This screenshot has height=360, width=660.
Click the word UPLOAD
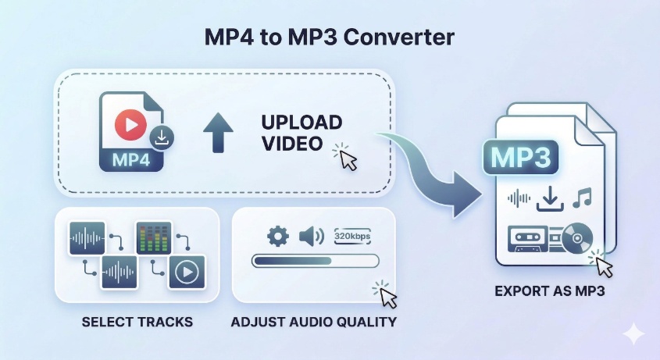(x=301, y=123)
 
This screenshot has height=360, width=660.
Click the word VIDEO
(x=291, y=144)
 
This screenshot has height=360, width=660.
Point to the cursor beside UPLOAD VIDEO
(x=348, y=159)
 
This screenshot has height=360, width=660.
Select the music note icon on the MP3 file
(x=582, y=198)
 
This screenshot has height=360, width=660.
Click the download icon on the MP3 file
(x=550, y=198)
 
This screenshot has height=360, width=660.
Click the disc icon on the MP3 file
(x=576, y=237)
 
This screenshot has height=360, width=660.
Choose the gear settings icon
(x=277, y=236)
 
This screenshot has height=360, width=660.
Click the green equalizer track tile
(x=153, y=237)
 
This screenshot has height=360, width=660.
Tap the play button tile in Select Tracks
(x=186, y=272)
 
